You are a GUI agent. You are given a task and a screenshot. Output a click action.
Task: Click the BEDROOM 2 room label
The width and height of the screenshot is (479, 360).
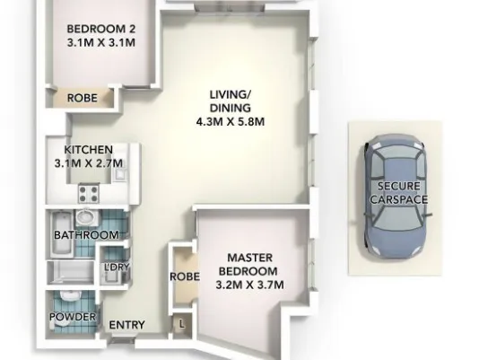100,29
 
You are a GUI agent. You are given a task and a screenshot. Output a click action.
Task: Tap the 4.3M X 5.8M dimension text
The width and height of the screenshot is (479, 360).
231,122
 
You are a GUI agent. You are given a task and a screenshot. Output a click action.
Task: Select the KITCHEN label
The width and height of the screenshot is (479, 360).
89,150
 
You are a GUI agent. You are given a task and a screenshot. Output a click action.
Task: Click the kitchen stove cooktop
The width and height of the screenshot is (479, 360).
89,193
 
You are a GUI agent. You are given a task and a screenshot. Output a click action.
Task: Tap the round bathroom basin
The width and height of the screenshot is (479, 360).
86,216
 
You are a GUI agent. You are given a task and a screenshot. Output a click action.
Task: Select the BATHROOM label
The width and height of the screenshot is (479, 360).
86,235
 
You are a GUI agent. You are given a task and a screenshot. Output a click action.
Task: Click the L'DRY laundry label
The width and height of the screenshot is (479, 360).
117,267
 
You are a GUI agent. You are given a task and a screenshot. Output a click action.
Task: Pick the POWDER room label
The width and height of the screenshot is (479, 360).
73,317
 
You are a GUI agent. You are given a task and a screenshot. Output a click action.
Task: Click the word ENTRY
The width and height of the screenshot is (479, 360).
126,325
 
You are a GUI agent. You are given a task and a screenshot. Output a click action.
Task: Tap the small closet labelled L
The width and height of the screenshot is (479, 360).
182,324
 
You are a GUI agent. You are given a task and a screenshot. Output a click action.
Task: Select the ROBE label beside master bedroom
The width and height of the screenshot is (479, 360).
185,277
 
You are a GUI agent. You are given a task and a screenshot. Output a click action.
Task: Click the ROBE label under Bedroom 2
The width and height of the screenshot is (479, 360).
83,98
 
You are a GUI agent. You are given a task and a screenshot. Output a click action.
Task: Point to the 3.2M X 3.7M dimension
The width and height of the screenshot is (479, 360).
250,285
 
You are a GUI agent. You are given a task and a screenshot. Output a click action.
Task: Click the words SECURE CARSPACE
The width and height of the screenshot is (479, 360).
398,193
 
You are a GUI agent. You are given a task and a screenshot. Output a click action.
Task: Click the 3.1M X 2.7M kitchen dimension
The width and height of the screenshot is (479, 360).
89,163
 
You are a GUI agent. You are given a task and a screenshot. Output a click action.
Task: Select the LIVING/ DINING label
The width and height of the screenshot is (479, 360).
231,101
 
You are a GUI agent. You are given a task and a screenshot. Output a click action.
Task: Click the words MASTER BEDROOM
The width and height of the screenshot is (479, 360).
248,264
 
